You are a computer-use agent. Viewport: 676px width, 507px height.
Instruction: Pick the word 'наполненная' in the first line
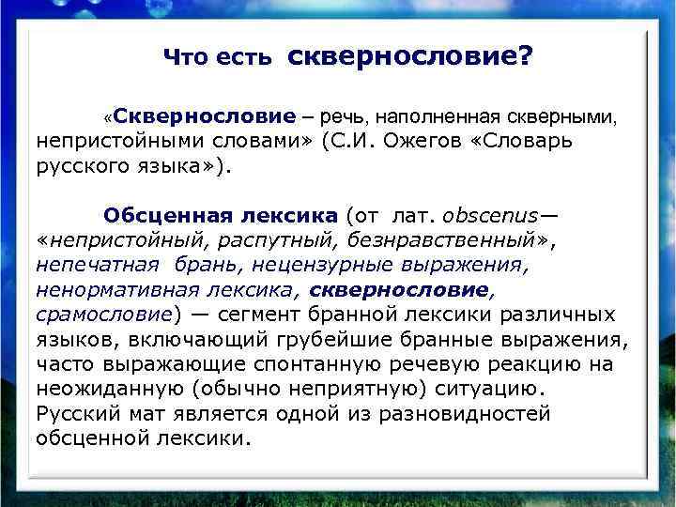(431, 117)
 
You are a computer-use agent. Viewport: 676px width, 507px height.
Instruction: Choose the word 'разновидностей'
(468, 413)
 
